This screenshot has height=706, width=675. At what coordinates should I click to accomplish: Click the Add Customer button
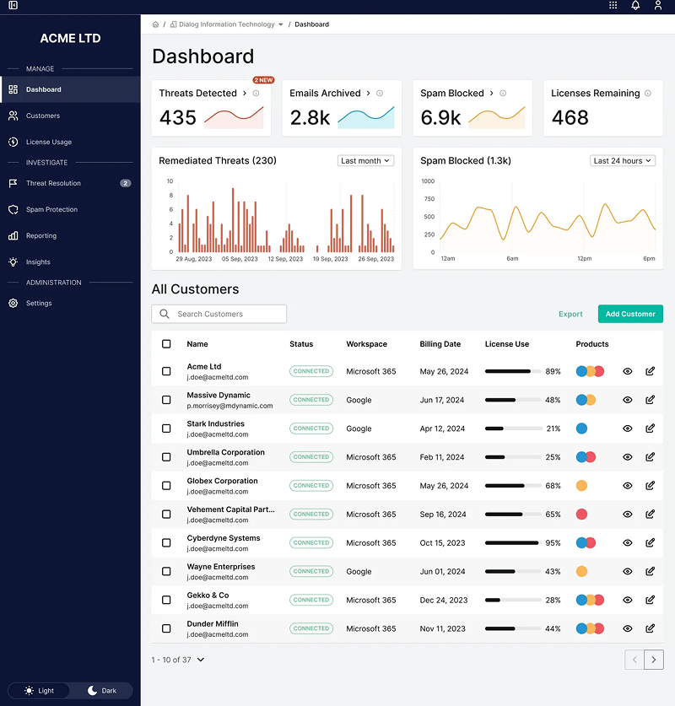click(630, 314)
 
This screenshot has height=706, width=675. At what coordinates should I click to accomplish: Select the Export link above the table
click(570, 314)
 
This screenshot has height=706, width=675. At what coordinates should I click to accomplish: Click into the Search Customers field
click(219, 314)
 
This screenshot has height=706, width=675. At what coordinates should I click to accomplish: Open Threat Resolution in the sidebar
click(53, 183)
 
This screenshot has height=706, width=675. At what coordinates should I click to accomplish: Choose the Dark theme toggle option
click(102, 690)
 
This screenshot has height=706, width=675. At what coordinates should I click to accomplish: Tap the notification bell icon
click(635, 6)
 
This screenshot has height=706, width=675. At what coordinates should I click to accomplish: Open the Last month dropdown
click(366, 160)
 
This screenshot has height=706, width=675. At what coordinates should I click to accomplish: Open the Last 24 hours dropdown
click(623, 160)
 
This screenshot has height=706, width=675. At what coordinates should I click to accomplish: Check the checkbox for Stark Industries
click(166, 428)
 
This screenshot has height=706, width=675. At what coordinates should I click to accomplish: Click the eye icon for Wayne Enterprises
click(628, 571)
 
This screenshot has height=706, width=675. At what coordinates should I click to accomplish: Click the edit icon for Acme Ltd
click(650, 371)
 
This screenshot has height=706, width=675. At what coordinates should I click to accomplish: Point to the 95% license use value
click(553, 543)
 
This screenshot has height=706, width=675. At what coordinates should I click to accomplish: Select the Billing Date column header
click(440, 344)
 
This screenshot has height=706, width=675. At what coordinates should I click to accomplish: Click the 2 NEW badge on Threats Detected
click(263, 80)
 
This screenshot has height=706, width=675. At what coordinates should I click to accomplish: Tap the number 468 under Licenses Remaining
click(570, 118)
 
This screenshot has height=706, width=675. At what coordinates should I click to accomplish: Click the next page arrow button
click(654, 660)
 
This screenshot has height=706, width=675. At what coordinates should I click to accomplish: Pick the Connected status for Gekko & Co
click(311, 600)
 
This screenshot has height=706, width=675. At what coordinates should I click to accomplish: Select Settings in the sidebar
click(39, 303)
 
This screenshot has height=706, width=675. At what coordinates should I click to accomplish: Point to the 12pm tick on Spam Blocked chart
click(585, 259)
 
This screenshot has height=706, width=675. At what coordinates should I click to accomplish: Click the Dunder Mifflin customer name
click(213, 623)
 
